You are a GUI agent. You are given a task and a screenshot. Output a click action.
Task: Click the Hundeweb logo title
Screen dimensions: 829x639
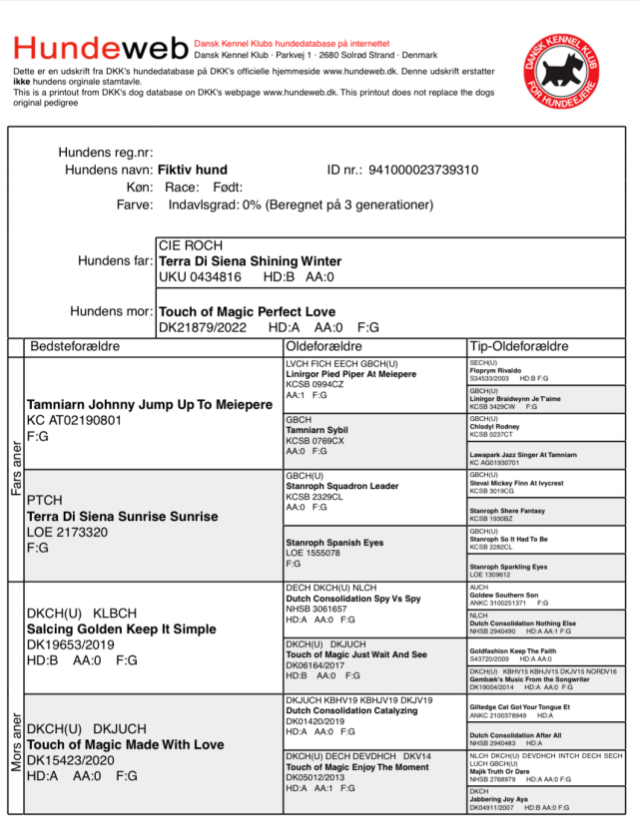pos(100,48)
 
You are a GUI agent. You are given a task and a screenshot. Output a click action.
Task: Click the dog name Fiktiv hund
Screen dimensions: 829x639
pos(193,170)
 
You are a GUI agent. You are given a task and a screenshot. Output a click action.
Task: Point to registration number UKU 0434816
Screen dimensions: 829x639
pos(200,276)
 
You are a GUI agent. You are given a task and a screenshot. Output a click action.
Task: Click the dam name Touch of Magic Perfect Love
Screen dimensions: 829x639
pos(247,311)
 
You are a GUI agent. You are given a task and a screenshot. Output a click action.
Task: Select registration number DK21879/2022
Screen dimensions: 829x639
pos(205,327)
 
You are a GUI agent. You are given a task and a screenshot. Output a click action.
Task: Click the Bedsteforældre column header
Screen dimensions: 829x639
pos(76,346)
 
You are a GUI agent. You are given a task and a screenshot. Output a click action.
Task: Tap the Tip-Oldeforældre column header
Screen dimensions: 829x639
pos(519,346)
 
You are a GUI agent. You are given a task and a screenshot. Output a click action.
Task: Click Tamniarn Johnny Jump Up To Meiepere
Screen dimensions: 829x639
pos(150,405)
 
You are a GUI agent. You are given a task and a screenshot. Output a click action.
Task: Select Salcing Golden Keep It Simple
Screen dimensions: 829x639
pos(121,628)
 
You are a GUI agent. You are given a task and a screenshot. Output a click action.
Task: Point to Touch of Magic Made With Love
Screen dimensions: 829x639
pos(125,744)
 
